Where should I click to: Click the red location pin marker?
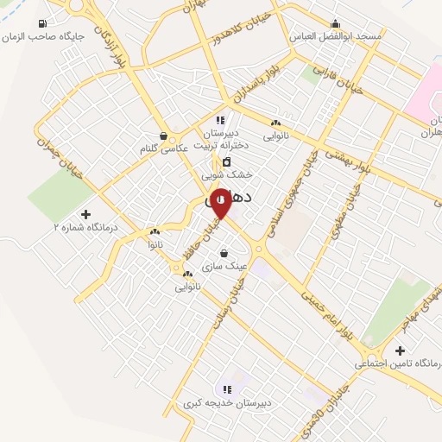pyautogui.click(x=221, y=200)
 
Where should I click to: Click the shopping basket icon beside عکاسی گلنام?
pyautogui.click(x=164, y=136)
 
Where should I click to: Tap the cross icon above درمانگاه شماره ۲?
pyautogui.click(x=85, y=213)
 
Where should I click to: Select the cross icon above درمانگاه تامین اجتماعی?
pyautogui.click(x=399, y=350)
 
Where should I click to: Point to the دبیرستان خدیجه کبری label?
pyautogui.click(x=228, y=403)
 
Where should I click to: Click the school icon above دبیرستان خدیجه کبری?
pyautogui.click(x=227, y=389)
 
